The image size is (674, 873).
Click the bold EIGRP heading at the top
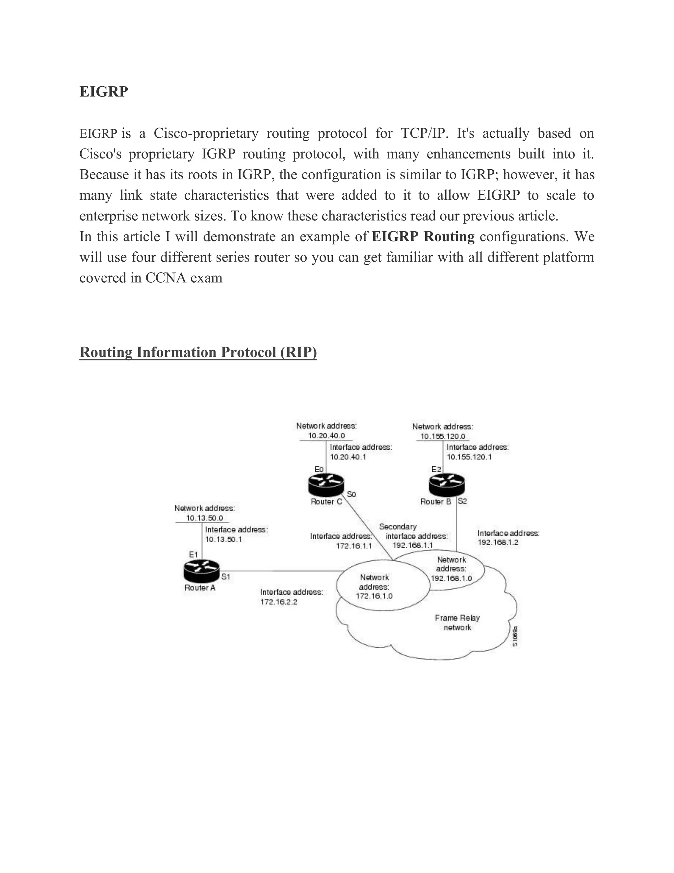[x=104, y=92]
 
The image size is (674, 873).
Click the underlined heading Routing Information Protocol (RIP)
[x=198, y=352]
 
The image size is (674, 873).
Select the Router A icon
[x=202, y=571]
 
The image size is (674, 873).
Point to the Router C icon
[x=326, y=485]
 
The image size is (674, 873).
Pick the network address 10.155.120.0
[x=443, y=436]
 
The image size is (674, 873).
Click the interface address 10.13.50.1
[x=223, y=539]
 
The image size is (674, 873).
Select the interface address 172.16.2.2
[x=279, y=602]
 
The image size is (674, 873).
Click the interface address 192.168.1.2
[x=498, y=543]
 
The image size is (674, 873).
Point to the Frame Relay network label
[x=457, y=622]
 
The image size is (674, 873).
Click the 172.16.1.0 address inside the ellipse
[x=374, y=596]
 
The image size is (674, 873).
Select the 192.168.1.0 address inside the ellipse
[x=451, y=578]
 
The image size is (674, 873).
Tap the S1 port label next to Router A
[x=226, y=577]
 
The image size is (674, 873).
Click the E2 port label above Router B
[x=436, y=469]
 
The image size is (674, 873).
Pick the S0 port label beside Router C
[x=351, y=494]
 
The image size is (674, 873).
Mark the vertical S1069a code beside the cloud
[x=515, y=636]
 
